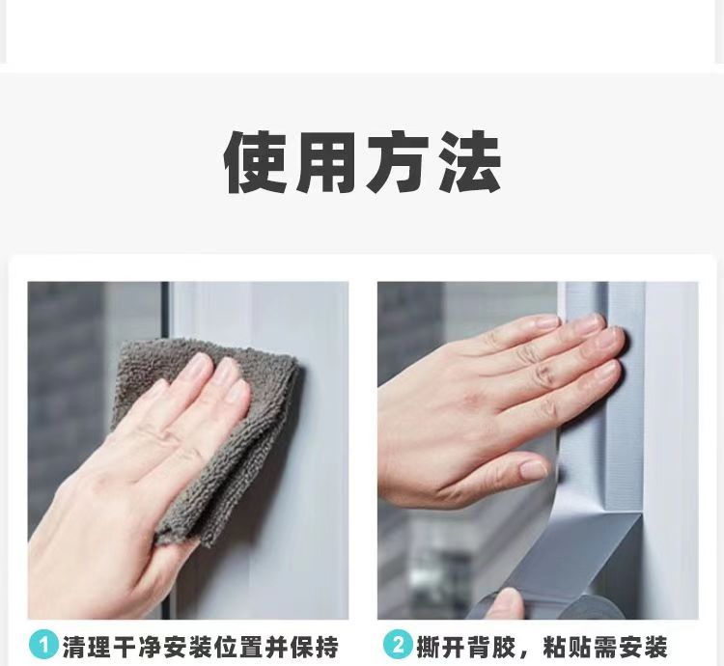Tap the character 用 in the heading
pyautogui.click(x=327, y=162)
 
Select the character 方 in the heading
pyautogui.click(x=399, y=162)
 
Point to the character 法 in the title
pyautogui.click(x=469, y=162)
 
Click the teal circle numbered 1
pyautogui.click(x=43, y=645)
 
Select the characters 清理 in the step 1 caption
pyautogui.click(x=87, y=647)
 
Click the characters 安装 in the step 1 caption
pyautogui.click(x=188, y=647)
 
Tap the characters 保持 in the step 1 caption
pyautogui.click(x=315, y=647)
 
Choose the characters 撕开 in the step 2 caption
pyautogui.click(x=441, y=647)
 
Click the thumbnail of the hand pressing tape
pyautogui.click(x=532, y=471)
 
